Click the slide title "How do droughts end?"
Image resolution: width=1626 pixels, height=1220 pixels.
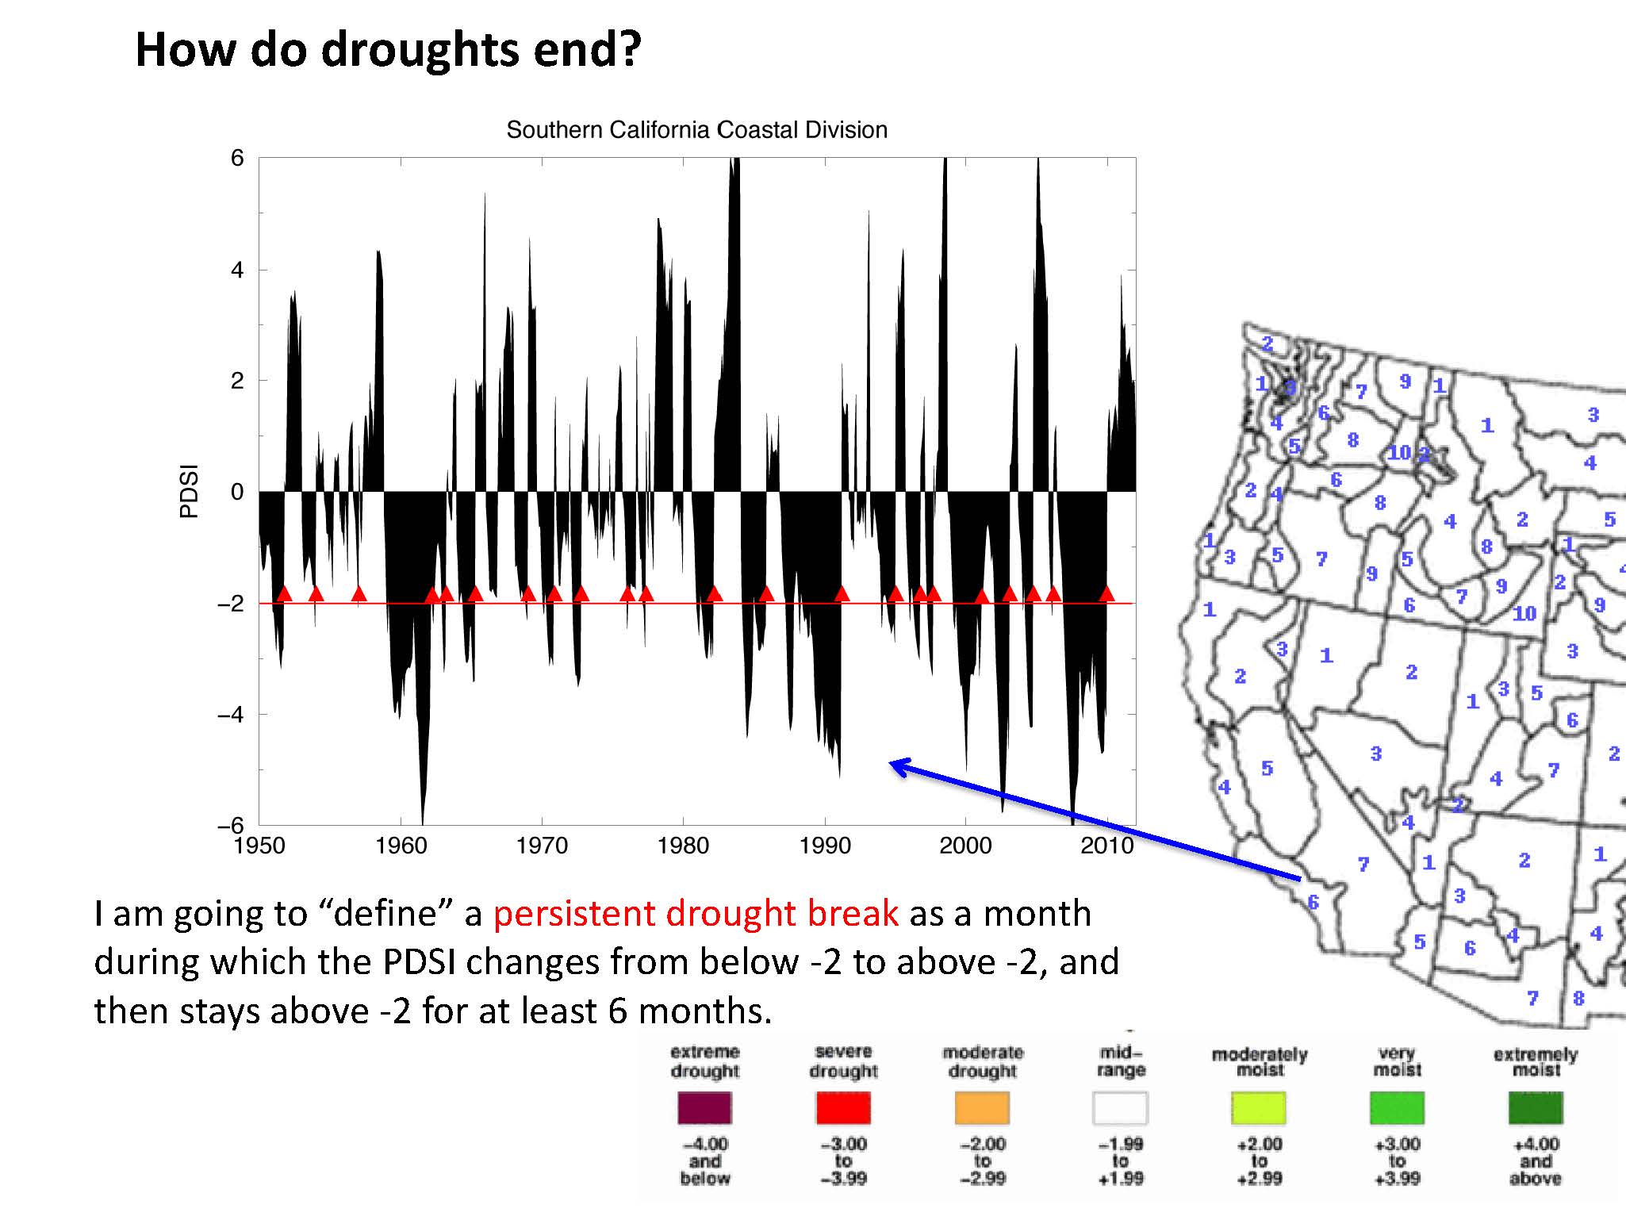[388, 49]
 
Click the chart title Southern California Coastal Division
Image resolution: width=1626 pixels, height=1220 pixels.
[696, 130]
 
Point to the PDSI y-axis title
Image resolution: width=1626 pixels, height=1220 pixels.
[189, 492]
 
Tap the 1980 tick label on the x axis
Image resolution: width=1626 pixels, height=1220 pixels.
[683, 846]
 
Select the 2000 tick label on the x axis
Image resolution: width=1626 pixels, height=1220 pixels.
[965, 846]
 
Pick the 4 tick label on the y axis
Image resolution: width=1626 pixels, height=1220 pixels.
[236, 270]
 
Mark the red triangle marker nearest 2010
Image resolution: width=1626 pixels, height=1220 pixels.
[1106, 593]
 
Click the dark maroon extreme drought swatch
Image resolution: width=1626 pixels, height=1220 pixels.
[704, 1107]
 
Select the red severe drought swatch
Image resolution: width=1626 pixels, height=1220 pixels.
[843, 1107]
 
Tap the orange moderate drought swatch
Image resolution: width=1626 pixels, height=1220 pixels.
[982, 1107]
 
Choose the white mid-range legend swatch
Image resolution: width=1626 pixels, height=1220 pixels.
[1120, 1107]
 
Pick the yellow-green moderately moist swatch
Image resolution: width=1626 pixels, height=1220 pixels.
[1259, 1107]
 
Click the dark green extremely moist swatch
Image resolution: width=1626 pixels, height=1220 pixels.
[1536, 1107]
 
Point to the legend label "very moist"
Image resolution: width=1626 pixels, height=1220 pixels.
[1397, 1061]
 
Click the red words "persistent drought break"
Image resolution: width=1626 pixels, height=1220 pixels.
[696, 914]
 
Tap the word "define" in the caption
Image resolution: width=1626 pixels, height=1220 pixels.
[385, 914]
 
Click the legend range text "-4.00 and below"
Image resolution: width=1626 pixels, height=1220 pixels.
[704, 1161]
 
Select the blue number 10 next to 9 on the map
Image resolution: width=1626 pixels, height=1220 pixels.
[1524, 613]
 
